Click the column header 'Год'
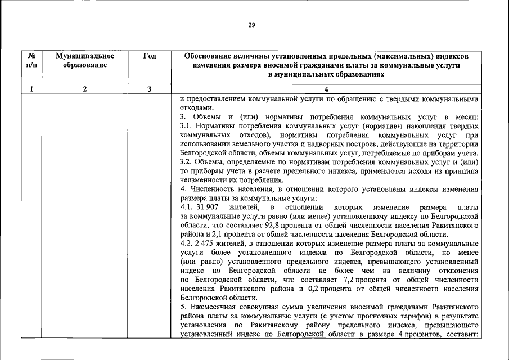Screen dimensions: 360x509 click(150, 56)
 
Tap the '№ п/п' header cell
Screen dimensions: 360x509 click(32, 61)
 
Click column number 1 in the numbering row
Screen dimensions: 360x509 click(32, 88)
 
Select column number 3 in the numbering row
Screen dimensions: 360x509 click(150, 88)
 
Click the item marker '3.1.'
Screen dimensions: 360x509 click(186, 127)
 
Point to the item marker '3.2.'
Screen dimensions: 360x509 click(186, 162)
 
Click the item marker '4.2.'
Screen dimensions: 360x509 click(186, 244)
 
